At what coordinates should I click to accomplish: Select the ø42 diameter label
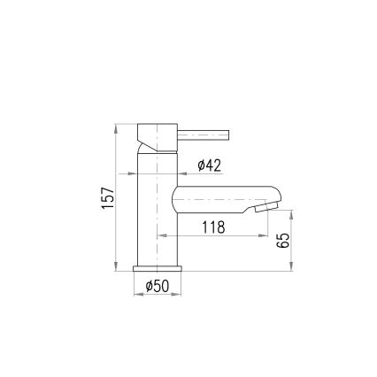coord(208,165)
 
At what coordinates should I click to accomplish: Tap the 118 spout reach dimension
coord(212,227)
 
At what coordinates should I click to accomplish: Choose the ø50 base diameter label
coord(157,286)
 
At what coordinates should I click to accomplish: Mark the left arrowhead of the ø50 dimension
coord(135,295)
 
